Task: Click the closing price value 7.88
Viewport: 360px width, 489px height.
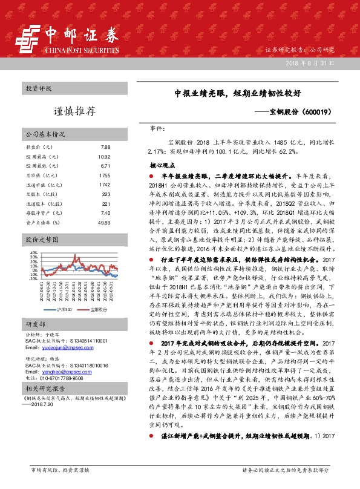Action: (x=105, y=148)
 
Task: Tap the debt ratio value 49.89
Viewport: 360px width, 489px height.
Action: (x=104, y=223)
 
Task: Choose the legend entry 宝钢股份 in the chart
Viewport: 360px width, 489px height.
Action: (x=100, y=309)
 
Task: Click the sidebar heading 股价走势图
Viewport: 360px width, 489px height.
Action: (x=42, y=240)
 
